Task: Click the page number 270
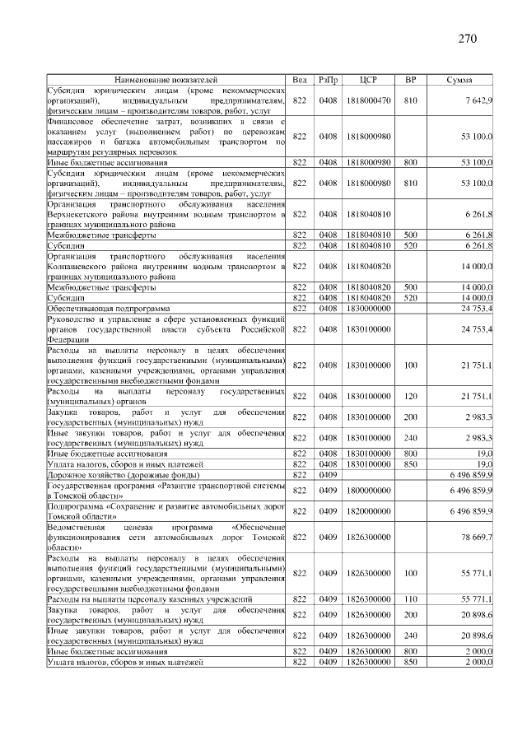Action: (467, 39)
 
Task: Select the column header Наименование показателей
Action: (166, 80)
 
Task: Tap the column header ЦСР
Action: (368, 80)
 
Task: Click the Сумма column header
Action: (458, 80)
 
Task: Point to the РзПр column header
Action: (328, 80)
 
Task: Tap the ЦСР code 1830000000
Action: (368, 308)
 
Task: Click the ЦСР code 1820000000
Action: (368, 514)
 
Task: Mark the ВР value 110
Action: (410, 599)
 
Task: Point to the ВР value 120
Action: (410, 398)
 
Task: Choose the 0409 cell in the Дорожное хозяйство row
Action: (328, 475)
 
